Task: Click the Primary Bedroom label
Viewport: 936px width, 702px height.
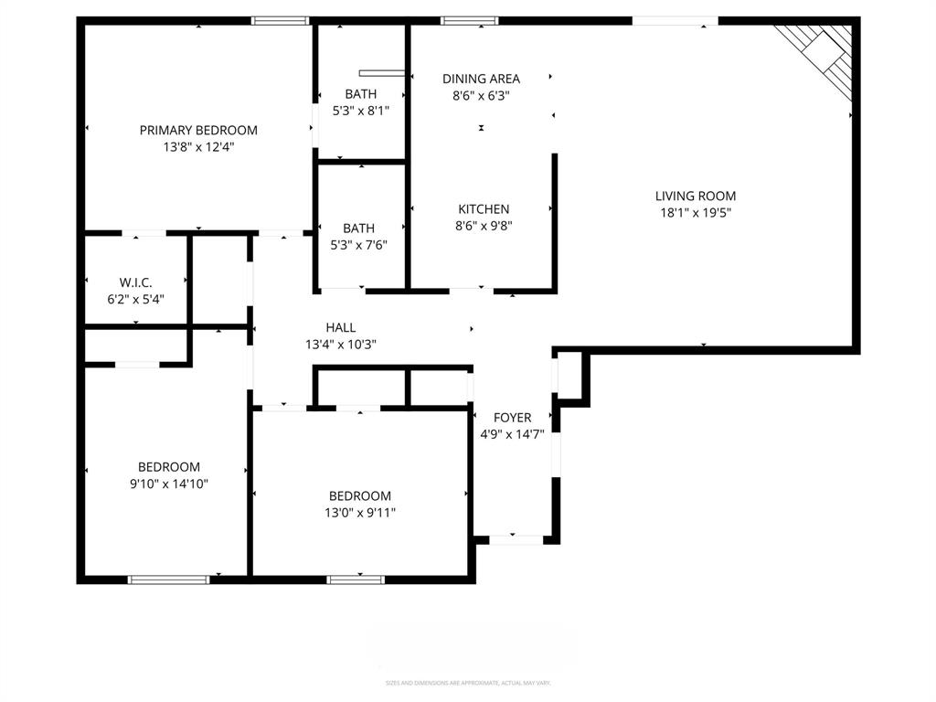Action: tap(198, 130)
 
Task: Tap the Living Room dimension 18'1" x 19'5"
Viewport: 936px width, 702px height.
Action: tap(695, 212)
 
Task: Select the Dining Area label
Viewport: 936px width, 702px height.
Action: tap(481, 79)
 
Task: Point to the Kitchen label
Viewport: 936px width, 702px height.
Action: tap(484, 209)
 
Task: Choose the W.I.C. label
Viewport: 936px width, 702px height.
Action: tap(135, 282)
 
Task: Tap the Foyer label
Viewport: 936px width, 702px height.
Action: tap(512, 418)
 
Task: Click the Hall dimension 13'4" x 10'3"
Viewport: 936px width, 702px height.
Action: tap(340, 345)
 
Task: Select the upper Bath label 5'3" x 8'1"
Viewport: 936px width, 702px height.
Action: tap(360, 93)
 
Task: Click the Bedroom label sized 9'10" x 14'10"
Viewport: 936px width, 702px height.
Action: tap(168, 467)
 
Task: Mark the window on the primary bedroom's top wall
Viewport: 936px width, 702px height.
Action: tap(281, 20)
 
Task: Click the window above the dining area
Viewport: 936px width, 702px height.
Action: tap(469, 20)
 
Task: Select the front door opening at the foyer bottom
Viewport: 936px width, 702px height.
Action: tap(516, 540)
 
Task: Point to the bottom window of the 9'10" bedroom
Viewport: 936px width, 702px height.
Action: tap(168, 579)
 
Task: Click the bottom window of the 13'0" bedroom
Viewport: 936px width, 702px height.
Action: tap(356, 579)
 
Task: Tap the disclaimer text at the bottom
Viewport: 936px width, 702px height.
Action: tap(468, 683)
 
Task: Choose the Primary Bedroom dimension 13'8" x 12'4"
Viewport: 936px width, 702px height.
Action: tap(198, 146)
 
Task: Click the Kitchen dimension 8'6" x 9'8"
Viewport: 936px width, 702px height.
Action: tap(484, 226)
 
